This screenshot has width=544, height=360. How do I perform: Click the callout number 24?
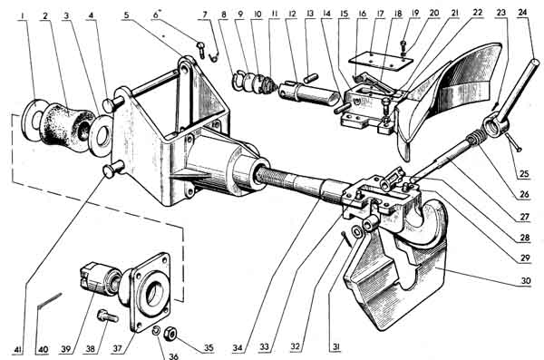point(522,13)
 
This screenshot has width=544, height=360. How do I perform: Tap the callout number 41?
point(17,350)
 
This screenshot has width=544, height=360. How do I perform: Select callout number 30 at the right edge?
point(526,280)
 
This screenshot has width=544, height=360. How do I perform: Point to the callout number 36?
point(173,356)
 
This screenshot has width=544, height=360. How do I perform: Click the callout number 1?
point(22,15)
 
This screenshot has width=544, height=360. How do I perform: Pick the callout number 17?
point(381,14)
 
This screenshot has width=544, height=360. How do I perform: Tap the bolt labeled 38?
point(108,316)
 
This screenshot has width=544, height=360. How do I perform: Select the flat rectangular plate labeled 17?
point(381,59)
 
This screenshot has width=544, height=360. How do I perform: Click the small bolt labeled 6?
point(201,49)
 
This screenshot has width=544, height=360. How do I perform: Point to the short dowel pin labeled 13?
point(310,77)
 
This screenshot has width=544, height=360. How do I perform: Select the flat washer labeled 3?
point(102,136)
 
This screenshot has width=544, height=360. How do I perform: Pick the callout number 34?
point(238,348)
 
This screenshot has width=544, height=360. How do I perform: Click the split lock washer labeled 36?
point(156,331)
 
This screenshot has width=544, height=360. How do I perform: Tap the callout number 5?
point(126,15)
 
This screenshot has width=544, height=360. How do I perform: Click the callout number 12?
point(292,14)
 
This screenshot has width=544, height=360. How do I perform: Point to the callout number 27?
point(524,218)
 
